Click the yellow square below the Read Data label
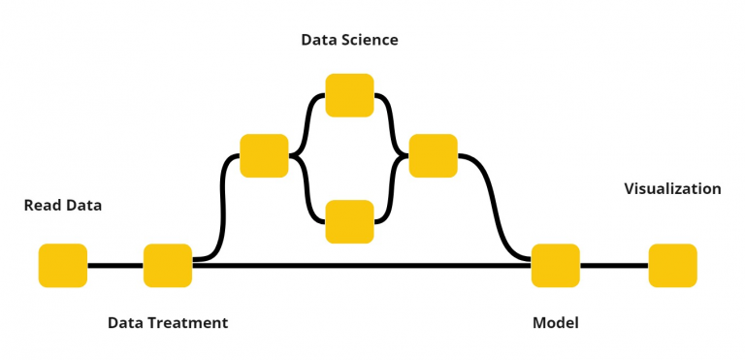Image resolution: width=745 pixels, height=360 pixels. pos(63,266)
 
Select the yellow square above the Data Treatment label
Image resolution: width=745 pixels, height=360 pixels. pos(168,266)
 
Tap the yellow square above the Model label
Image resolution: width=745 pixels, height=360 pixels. pos(556,266)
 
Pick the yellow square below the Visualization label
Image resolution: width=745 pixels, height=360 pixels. pos(672,266)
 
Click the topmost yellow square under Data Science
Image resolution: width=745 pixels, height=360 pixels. pos(349,95)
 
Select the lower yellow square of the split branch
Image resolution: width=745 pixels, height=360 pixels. pos(349,221)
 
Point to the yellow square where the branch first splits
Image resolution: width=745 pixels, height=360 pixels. pos(264,155)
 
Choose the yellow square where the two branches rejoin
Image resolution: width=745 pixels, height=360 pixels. pos(433,155)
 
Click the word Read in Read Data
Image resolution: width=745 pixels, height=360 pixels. pos(42,206)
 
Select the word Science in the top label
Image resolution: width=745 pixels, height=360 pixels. pos(370,40)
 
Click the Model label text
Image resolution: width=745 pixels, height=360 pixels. pos(556,322)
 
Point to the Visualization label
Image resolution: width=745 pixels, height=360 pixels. pos(672,189)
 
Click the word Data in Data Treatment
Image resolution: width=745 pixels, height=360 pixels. pos(125,322)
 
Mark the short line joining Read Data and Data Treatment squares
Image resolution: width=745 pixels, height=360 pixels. pos(115,266)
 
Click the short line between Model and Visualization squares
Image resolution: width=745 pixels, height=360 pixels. pos(614,266)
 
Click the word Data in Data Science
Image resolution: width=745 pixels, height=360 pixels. pos(319,40)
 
